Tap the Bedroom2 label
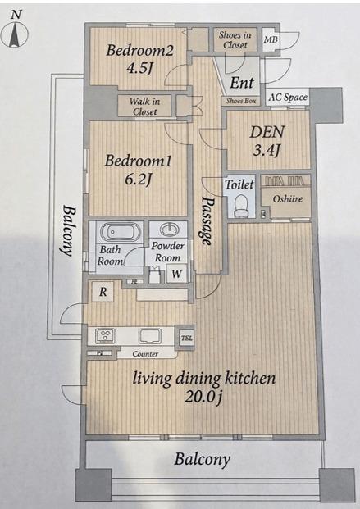point(139,50)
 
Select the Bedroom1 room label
point(138,161)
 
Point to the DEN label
point(267,131)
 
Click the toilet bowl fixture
point(241,206)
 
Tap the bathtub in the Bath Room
point(117,232)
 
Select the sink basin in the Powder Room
point(169,230)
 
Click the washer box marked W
point(176,273)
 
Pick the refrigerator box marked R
point(103,292)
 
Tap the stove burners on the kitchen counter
point(105,336)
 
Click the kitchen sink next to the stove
point(150,336)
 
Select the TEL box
point(186,338)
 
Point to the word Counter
point(145,354)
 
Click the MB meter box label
point(271,39)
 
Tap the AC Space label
point(288,97)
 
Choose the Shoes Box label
point(241,101)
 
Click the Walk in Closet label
point(144,107)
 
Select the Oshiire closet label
point(288,198)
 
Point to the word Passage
point(207,220)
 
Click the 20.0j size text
point(203,397)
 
